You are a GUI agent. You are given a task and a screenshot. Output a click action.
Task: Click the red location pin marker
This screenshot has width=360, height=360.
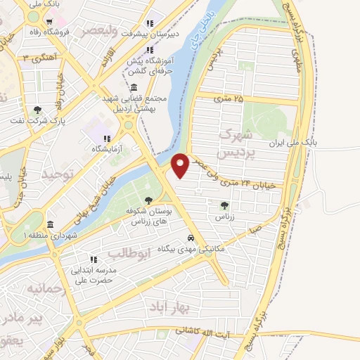pos(181,165)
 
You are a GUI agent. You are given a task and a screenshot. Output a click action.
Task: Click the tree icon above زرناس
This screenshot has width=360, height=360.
pos(224,205)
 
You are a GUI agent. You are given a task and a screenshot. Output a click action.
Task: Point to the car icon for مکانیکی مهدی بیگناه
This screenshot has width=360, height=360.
pos(192,237)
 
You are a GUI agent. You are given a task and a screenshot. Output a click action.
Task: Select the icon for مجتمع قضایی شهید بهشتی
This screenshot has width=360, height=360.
pos(134,87)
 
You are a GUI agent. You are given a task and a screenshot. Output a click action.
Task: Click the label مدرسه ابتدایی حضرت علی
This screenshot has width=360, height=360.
pos(109,276)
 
